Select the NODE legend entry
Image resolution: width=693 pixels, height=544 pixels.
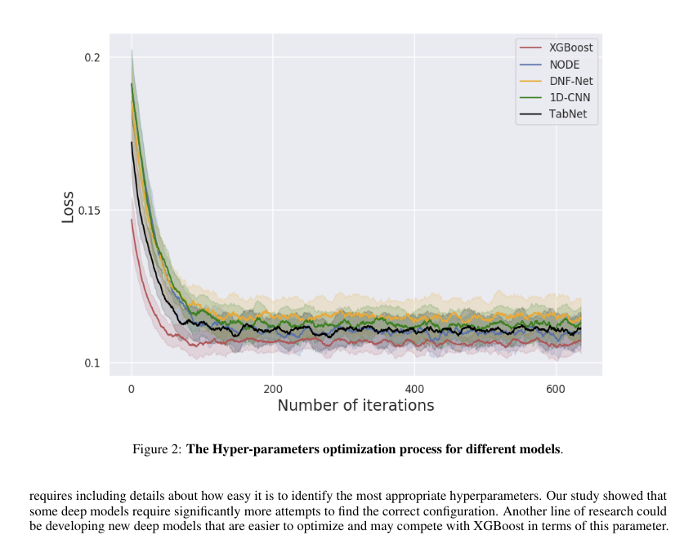(563, 64)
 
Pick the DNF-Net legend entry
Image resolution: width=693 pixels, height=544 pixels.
(570, 81)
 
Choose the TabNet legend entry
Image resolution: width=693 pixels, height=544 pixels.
(568, 114)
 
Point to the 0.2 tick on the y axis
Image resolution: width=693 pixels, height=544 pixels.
(92, 57)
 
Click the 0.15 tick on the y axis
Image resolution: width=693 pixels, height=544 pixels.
(90, 210)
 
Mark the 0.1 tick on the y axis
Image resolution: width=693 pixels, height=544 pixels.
(92, 363)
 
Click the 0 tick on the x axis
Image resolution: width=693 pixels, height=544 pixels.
(131, 389)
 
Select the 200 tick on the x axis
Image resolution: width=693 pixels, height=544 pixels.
(273, 389)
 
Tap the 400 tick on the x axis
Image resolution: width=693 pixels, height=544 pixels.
(414, 389)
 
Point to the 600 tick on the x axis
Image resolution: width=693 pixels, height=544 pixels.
(556, 389)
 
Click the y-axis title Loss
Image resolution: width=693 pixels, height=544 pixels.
(68, 207)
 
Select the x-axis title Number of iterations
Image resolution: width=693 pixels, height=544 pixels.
(355, 405)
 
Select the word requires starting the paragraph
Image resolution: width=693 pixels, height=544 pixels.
(49, 496)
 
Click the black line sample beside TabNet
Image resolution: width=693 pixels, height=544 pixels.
(530, 114)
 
